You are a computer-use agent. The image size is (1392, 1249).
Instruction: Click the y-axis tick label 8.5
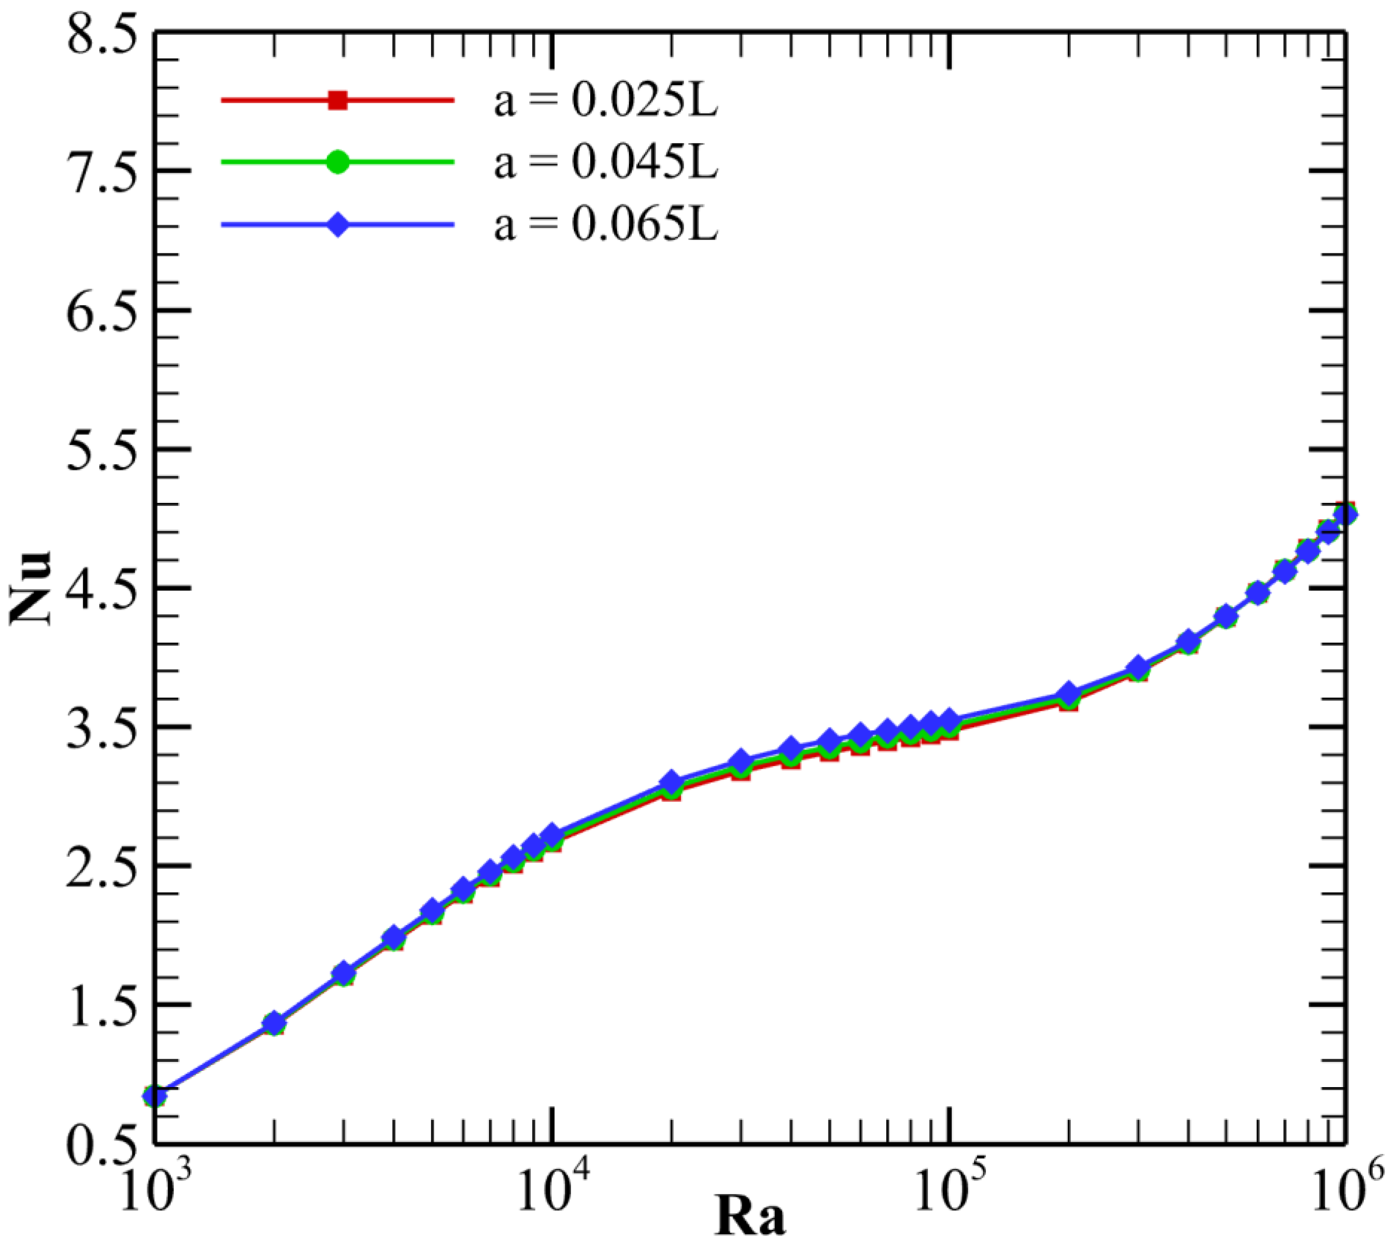[102, 34]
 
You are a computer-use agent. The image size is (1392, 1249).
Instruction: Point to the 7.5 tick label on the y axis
[102, 172]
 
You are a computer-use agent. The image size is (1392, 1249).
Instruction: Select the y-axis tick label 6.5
[102, 311]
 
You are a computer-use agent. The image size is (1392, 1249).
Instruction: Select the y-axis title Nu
[31, 588]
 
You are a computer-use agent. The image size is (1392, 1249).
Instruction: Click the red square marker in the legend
[338, 100]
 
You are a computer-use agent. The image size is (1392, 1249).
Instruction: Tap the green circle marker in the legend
[338, 163]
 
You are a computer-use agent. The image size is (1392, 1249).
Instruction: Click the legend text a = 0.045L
[606, 163]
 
